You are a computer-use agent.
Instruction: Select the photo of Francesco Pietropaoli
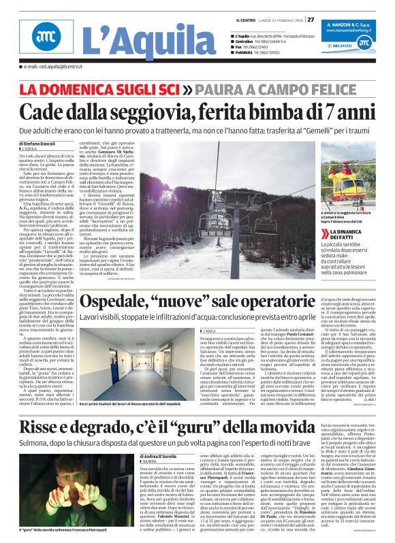69,487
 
